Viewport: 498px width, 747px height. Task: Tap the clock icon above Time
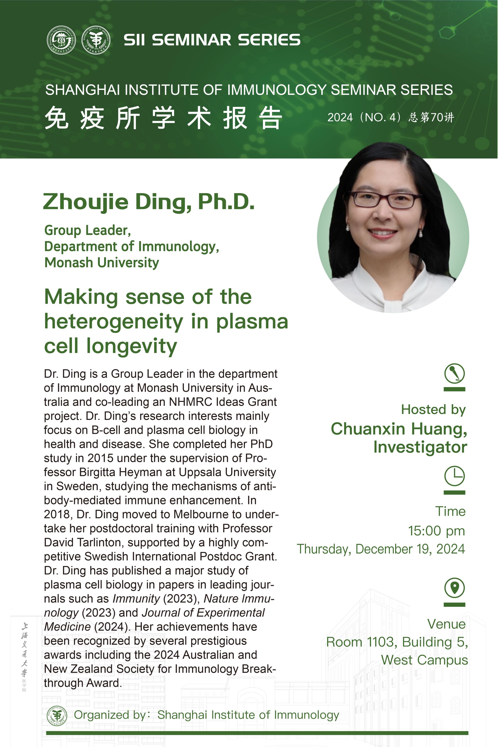coord(454,476)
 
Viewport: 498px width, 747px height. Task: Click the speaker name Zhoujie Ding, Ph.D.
coord(149,202)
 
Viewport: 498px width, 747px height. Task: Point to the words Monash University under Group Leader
coord(102,263)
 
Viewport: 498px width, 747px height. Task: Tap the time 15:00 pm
coord(436,531)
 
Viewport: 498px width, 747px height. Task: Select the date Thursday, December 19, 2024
coord(381,549)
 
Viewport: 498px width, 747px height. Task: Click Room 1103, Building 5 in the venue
coord(397,642)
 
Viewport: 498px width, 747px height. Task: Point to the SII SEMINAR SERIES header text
coord(212,40)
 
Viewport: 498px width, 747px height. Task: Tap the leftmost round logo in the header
coord(61,40)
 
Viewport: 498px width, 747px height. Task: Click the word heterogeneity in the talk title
coord(114,321)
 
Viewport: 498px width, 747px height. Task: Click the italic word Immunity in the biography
coord(136,599)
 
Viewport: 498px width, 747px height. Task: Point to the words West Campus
coord(425,660)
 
